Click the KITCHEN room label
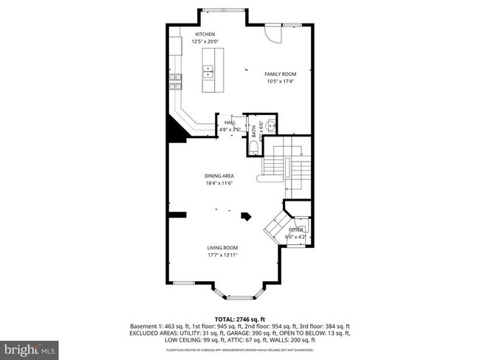(x=205, y=35)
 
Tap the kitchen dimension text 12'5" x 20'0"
(x=205, y=42)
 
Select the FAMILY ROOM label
(x=281, y=74)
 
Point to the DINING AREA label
(x=219, y=175)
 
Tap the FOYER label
(x=295, y=230)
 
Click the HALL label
(x=230, y=122)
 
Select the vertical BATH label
(x=253, y=132)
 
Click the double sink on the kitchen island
(x=208, y=72)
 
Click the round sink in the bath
(x=270, y=123)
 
